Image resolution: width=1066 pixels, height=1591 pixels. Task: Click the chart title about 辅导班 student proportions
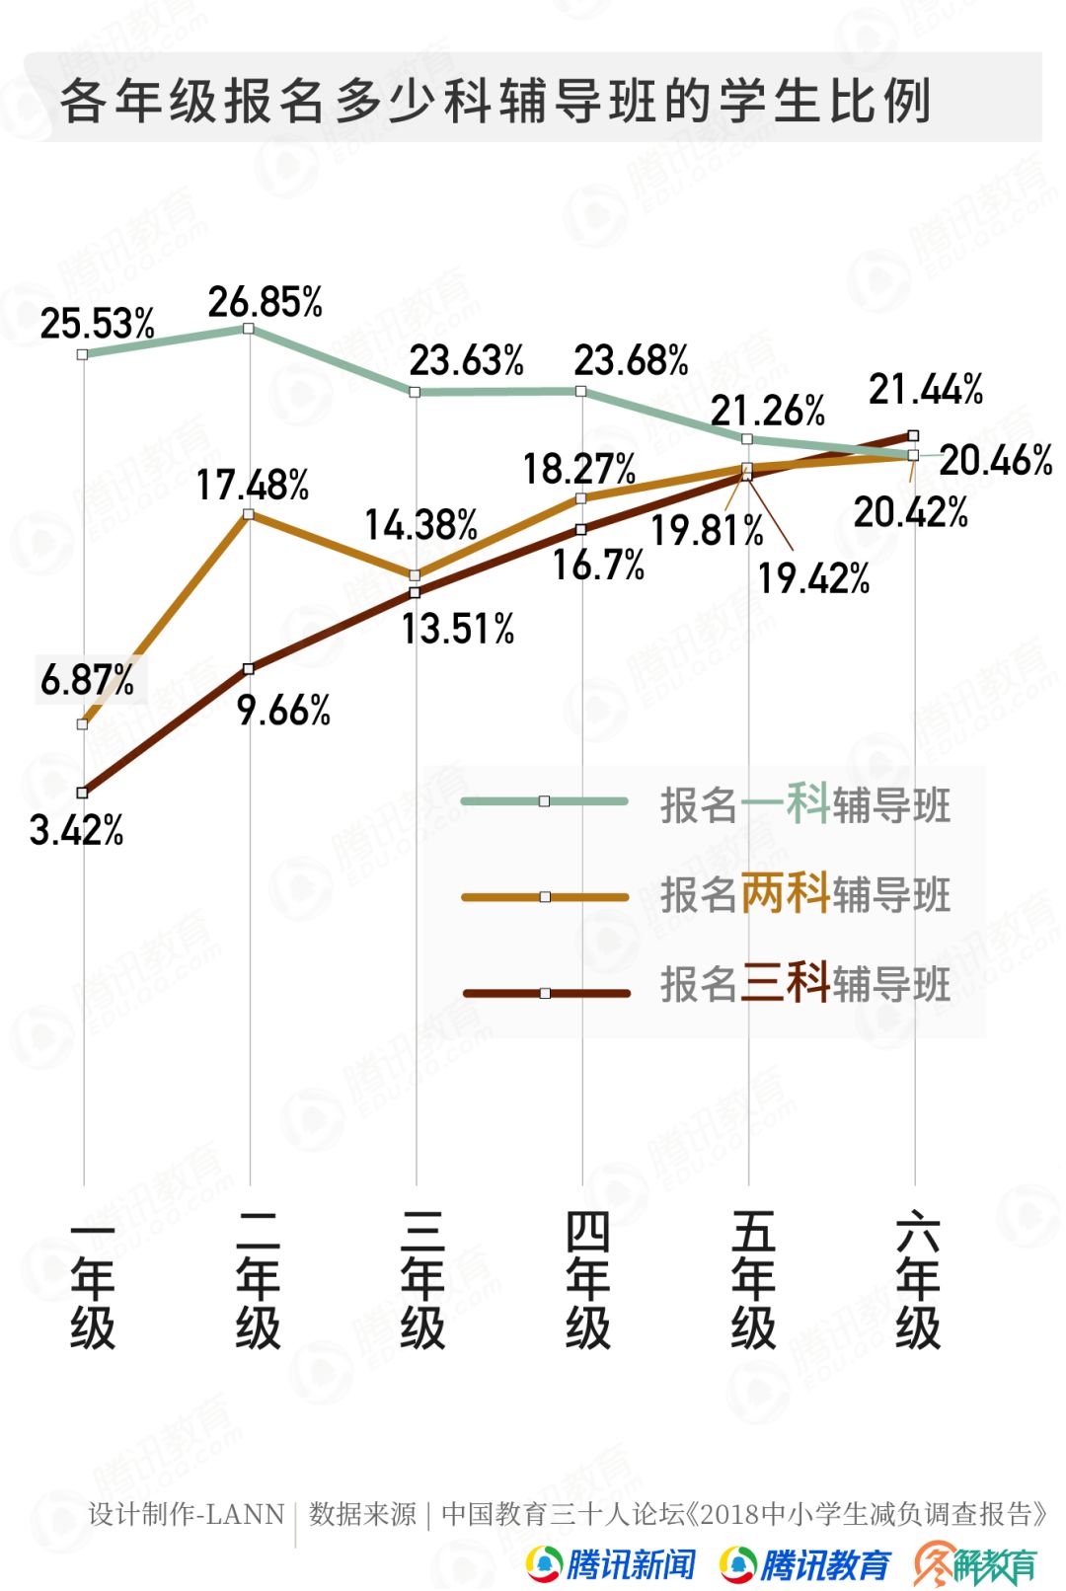click(x=495, y=101)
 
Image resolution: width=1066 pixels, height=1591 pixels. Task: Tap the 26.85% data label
click(x=265, y=302)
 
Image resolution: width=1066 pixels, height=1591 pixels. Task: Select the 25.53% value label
click(x=97, y=324)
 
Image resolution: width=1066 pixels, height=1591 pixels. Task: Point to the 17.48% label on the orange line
click(x=253, y=485)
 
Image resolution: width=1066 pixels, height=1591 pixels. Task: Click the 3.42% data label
click(x=76, y=831)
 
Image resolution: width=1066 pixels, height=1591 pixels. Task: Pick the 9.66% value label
click(x=283, y=710)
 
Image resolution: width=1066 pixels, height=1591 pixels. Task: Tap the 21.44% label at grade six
click(x=926, y=390)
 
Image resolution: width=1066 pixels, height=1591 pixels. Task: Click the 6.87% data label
click(x=87, y=680)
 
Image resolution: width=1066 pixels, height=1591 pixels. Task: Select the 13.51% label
click(x=458, y=629)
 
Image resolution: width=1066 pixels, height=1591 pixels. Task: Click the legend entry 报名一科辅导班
click(x=804, y=804)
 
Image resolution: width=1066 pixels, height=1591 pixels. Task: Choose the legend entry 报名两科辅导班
click(x=804, y=894)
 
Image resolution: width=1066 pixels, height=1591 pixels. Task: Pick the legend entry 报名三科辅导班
click(x=804, y=984)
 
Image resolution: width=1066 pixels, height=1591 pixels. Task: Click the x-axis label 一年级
click(x=93, y=1280)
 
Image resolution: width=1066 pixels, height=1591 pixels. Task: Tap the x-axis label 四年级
click(x=588, y=1280)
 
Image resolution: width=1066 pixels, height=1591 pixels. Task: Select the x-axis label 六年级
click(x=918, y=1280)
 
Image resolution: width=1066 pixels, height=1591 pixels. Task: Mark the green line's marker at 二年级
click(x=249, y=329)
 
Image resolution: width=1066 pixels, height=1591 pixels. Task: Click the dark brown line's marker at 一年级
click(x=83, y=792)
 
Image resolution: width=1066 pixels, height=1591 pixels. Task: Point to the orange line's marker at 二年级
click(x=249, y=514)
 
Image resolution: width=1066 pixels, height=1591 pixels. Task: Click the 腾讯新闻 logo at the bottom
click(x=612, y=1563)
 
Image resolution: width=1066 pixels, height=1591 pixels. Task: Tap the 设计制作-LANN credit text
click(x=186, y=1514)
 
